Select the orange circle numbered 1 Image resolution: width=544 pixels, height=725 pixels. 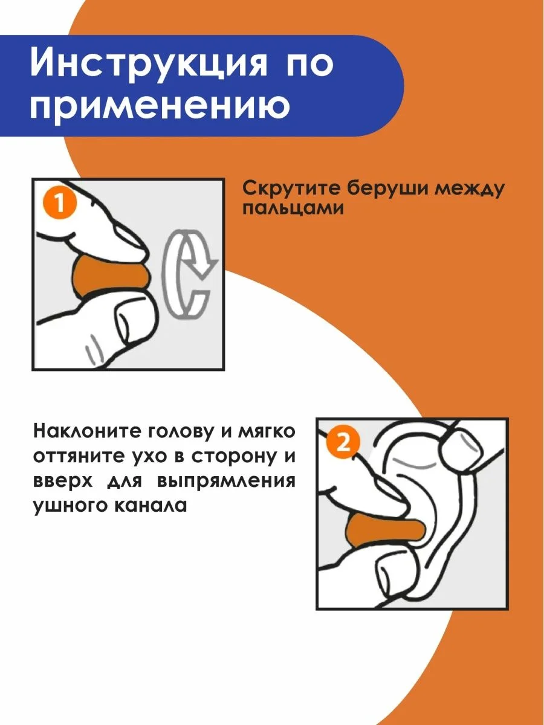tap(60, 204)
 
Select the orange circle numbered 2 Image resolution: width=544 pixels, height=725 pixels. tap(343, 442)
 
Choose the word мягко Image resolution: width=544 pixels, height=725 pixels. tap(266, 432)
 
